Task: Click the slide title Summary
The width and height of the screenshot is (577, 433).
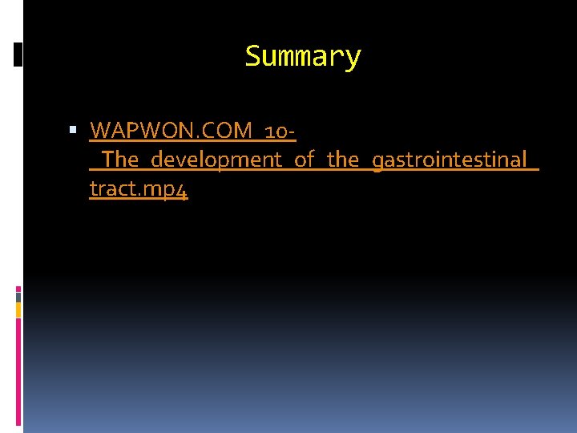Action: [x=303, y=57]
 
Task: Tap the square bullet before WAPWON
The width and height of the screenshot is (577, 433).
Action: [x=72, y=129]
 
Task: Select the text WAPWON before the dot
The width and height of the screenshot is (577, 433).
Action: [x=135, y=129]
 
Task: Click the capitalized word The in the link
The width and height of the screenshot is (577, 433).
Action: [x=120, y=160]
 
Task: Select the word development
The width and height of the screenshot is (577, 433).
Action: [x=216, y=160]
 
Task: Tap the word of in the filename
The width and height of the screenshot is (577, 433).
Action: [x=304, y=160]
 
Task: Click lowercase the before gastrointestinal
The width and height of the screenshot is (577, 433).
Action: [x=343, y=160]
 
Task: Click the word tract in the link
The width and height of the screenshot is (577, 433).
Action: [x=108, y=190]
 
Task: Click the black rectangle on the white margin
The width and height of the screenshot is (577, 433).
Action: [x=18, y=55]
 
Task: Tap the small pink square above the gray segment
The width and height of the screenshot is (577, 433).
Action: [x=18, y=289]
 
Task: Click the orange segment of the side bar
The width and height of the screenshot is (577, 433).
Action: [x=18, y=310]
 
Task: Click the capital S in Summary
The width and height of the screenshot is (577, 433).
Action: [x=252, y=57]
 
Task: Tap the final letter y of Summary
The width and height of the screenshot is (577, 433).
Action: [x=353, y=59]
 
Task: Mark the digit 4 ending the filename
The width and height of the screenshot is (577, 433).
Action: [x=183, y=192]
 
